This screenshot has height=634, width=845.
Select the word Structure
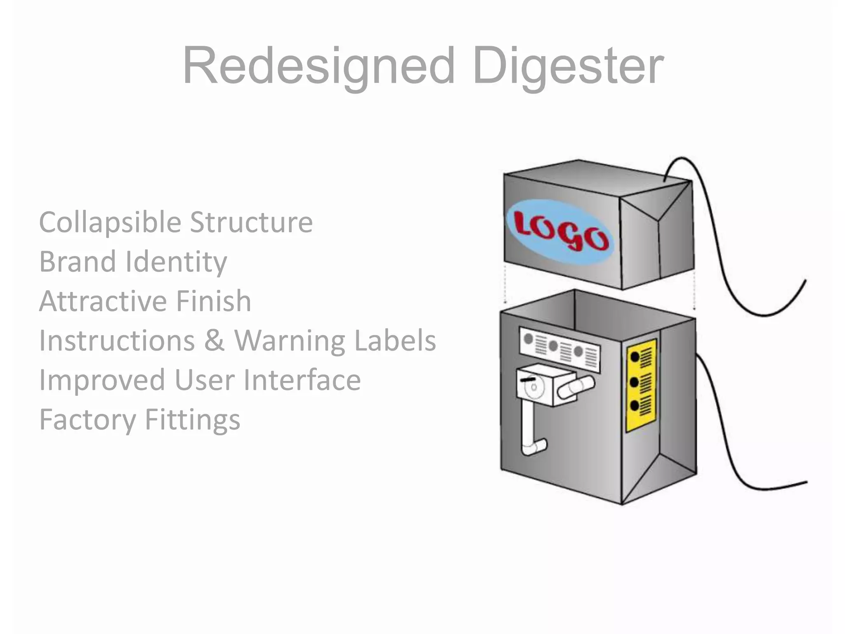coord(251,222)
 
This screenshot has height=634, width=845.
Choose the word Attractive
coord(103,301)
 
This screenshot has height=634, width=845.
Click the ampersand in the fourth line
coord(215,341)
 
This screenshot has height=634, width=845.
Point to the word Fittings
coord(192,419)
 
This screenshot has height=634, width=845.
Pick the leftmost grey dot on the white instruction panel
coord(528,339)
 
